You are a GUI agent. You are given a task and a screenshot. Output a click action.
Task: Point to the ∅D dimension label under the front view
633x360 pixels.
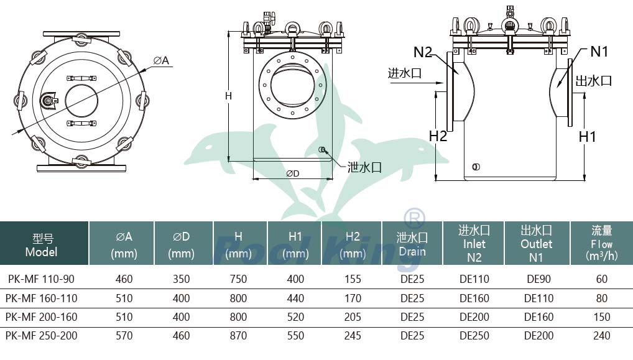(293, 173)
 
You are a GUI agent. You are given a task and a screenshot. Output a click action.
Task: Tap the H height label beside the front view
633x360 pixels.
(228, 96)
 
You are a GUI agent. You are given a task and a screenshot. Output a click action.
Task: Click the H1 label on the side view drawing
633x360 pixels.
(588, 136)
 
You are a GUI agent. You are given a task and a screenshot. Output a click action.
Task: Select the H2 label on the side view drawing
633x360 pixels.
(438, 136)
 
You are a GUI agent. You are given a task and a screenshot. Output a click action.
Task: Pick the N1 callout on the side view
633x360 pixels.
(599, 52)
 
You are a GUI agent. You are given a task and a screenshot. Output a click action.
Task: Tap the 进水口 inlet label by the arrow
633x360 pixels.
(405, 73)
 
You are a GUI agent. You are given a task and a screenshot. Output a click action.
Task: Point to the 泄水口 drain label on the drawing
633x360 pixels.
(364, 167)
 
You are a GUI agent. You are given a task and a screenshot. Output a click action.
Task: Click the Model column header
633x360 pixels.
(42, 245)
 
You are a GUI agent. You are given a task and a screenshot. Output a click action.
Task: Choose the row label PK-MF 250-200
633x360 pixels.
(41, 336)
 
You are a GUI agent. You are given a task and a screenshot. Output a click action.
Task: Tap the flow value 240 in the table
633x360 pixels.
(602, 336)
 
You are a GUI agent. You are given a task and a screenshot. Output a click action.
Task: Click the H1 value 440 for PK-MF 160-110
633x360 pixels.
(295, 298)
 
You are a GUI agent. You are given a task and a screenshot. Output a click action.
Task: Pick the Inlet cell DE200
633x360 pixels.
(474, 317)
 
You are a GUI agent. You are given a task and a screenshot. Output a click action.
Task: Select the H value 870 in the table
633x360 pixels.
(238, 336)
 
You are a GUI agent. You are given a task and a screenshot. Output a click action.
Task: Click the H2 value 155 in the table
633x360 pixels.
(353, 279)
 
